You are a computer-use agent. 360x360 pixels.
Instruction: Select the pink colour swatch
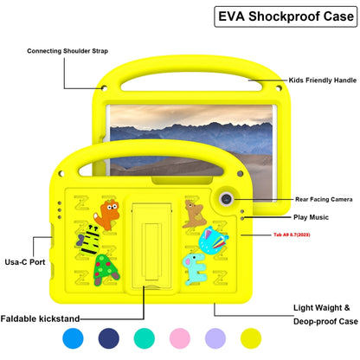coord(183,338)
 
